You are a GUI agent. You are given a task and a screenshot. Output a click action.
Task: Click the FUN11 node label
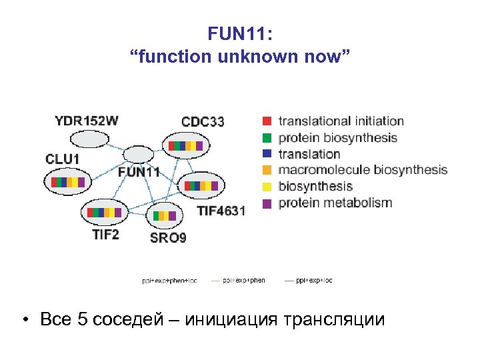139,171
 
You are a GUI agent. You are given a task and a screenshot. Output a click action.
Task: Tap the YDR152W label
87,121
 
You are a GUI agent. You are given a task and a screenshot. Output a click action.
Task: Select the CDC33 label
203,121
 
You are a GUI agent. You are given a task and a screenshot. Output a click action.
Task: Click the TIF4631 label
221,211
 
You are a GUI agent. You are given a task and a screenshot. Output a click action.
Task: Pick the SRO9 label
168,238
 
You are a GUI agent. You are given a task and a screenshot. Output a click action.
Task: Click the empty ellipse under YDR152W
90,139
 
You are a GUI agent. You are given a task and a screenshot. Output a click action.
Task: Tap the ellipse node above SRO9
164,215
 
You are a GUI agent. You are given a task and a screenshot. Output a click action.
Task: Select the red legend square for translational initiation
267,121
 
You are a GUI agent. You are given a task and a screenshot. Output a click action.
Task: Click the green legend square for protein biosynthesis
267,138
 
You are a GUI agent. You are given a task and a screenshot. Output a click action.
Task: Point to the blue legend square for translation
267,154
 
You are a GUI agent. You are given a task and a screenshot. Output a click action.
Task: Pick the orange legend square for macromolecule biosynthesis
267,170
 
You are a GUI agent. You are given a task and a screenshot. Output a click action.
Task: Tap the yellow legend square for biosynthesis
267,187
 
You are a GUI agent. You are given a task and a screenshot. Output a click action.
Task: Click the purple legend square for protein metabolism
267,203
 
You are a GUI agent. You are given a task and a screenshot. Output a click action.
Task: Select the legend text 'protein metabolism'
335,203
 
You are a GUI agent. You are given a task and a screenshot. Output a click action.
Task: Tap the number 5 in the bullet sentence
83,319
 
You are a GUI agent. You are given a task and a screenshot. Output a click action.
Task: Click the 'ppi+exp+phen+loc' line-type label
169,281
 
